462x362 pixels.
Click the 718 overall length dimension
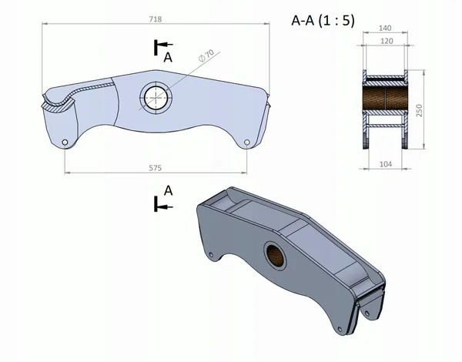pos(156,19)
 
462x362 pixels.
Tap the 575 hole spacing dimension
pos(156,168)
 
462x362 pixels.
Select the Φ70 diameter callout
pos(206,55)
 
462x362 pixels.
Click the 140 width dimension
pos(385,28)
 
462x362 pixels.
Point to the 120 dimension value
pos(387,41)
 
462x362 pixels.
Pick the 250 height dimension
pos(420,110)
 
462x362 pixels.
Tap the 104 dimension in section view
pos(386,164)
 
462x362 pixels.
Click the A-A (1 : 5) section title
pos(323,21)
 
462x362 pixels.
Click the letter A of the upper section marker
pos(168,57)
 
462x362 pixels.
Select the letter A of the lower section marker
pos(168,191)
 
